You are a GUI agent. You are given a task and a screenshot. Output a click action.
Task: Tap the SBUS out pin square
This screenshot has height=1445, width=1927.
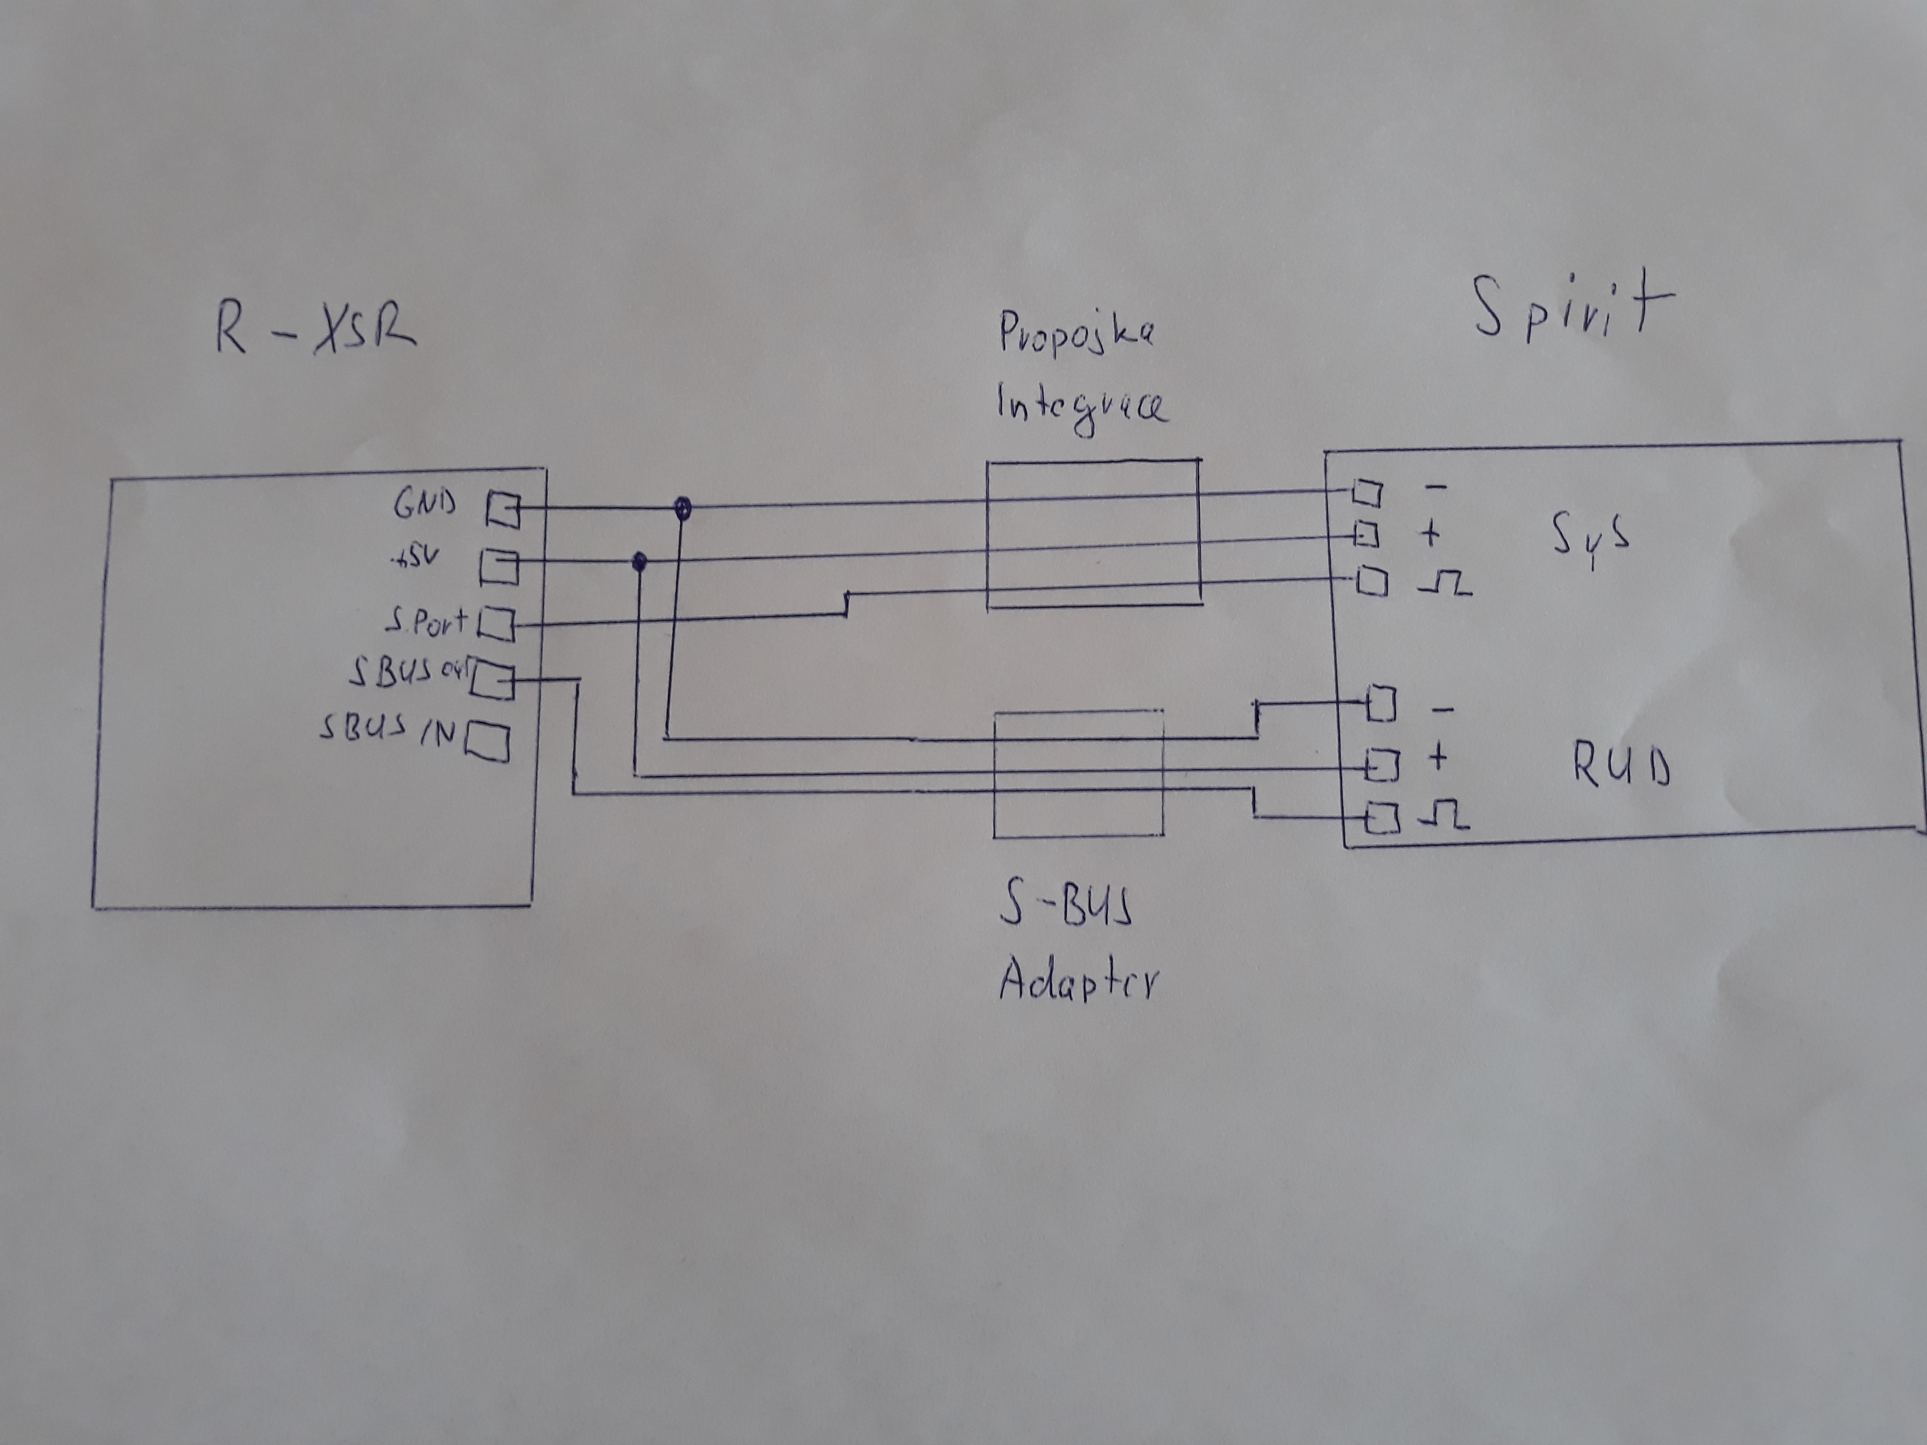pyautogui.click(x=492, y=683)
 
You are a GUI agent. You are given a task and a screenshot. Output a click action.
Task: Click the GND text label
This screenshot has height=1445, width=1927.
pyautogui.click(x=425, y=504)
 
